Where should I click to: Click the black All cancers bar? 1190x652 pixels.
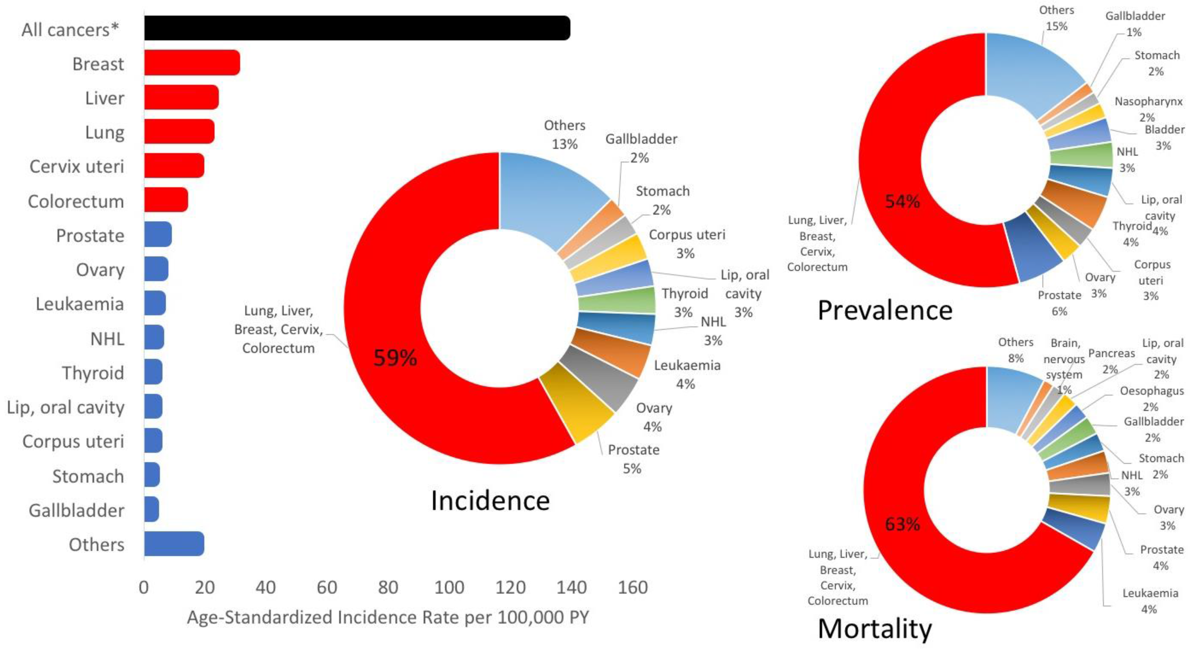point(357,28)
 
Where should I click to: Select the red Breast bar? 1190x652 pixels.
point(192,62)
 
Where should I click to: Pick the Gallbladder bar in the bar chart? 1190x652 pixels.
point(152,509)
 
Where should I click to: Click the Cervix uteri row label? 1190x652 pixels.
point(77,166)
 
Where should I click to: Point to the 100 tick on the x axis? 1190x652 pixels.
point(449,587)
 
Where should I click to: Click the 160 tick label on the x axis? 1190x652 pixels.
point(632,587)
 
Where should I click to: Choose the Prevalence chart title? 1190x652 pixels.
point(885,310)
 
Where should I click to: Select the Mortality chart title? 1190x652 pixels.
point(875,629)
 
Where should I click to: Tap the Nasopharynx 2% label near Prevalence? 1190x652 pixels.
point(1148,109)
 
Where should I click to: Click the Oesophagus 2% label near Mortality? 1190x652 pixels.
point(1151,398)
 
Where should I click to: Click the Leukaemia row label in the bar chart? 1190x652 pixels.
point(79,304)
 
